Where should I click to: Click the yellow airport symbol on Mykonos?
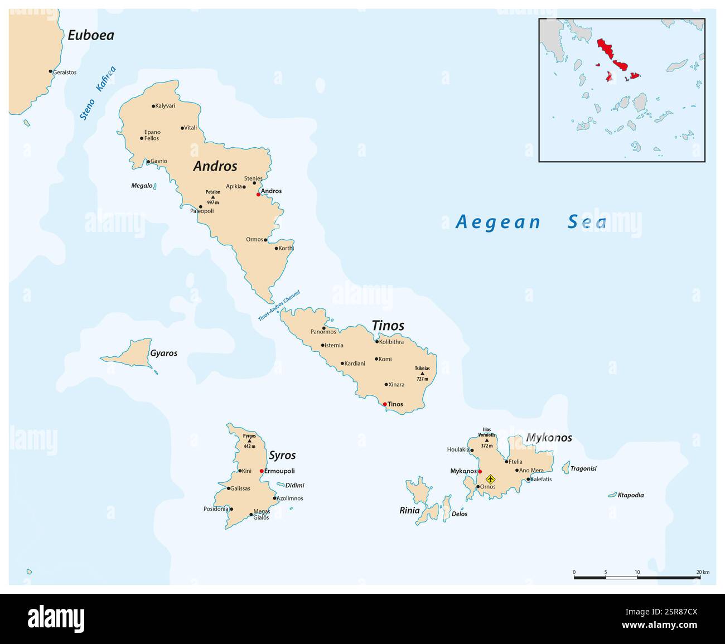click(490, 479)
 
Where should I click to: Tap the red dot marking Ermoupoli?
click(262, 471)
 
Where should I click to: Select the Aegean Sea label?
click(531, 222)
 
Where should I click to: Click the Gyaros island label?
click(163, 353)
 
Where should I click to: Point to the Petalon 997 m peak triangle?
click(212, 197)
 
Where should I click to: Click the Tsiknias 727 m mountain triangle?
click(422, 374)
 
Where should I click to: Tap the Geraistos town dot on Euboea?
click(51, 71)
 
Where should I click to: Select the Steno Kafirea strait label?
click(98, 93)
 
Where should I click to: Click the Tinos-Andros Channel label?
click(279, 306)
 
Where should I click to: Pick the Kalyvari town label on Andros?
click(166, 106)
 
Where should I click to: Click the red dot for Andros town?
click(258, 194)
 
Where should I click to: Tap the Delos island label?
click(460, 514)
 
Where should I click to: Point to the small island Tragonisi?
click(566, 467)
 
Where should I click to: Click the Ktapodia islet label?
click(631, 495)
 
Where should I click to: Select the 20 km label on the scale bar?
click(702, 572)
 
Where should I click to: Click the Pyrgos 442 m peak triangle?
click(249, 440)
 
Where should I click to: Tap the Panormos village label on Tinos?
click(323, 332)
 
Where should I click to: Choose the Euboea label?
click(90, 35)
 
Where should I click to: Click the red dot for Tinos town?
click(385, 404)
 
